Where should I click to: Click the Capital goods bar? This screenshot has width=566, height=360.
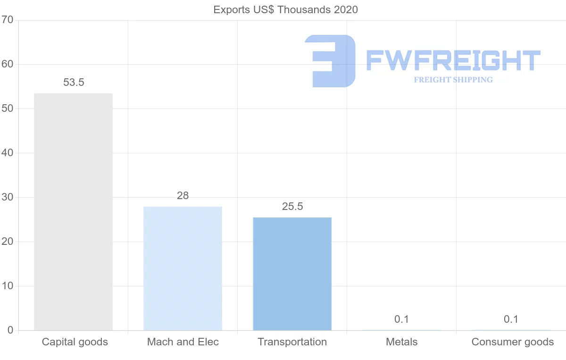tap(73, 212)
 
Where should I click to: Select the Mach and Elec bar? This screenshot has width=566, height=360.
tap(183, 268)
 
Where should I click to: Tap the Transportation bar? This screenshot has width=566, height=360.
tap(292, 274)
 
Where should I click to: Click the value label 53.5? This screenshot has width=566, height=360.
tap(74, 83)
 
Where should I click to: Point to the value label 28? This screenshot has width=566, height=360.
tap(183, 196)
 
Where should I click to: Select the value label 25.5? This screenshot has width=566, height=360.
tap(292, 207)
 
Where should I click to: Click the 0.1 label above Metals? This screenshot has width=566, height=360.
tap(401, 319)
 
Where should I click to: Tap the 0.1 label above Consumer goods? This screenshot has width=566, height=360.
tap(511, 319)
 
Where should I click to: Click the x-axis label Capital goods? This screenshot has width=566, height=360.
tap(75, 342)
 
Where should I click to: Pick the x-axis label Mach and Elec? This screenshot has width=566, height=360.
tap(183, 342)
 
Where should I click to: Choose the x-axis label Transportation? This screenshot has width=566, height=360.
tap(292, 342)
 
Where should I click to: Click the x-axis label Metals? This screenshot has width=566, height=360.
tap(402, 342)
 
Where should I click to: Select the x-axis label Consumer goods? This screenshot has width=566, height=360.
tap(513, 342)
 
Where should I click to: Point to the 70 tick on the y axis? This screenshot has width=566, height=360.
tap(7, 20)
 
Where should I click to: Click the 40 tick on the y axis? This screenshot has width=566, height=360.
tap(7, 153)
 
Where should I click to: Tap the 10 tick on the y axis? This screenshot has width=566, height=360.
tap(7, 286)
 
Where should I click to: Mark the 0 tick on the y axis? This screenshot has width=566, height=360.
tap(10, 330)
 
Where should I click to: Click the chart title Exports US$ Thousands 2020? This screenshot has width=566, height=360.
tap(286, 10)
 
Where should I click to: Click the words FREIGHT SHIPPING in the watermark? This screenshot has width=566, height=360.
tap(453, 80)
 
